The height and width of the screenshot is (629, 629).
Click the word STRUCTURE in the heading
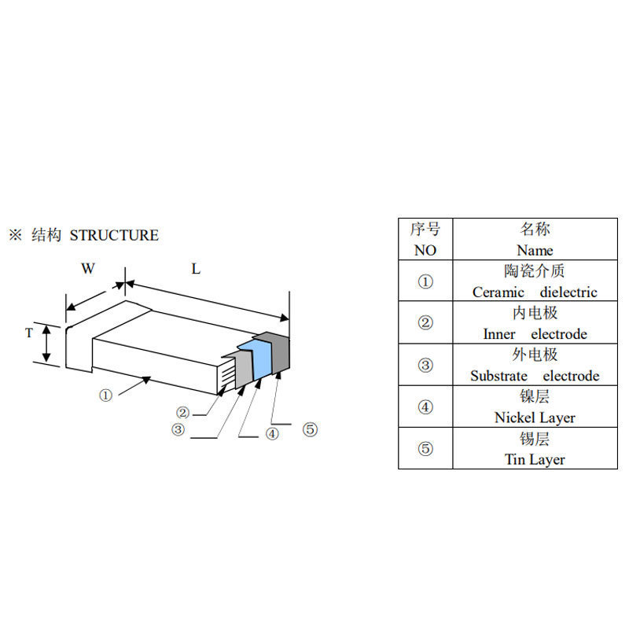click(114, 235)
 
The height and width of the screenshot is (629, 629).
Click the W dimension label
click(88, 268)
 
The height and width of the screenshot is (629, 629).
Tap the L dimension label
click(196, 269)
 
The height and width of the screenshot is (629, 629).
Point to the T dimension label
click(29, 333)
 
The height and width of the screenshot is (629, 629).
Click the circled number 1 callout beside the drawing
click(105, 395)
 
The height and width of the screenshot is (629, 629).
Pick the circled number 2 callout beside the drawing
click(182, 412)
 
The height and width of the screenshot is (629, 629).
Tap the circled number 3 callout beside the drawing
click(178, 429)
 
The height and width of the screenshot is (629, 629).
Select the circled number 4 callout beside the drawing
click(272, 434)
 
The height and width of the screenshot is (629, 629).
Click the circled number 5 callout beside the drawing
click(310, 429)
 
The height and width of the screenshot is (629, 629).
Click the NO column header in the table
click(425, 250)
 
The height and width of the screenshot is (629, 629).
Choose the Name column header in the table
click(535, 250)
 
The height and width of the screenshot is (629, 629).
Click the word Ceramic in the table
click(498, 292)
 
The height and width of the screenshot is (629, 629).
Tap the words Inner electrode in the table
click(535, 333)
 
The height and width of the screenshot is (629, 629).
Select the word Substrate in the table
click(499, 376)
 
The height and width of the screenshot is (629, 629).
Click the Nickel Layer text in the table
click(535, 417)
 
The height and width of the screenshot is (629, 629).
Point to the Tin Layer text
click(535, 459)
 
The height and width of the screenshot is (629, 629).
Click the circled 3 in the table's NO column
click(425, 365)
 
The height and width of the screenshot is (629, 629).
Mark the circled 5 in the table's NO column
click(425, 448)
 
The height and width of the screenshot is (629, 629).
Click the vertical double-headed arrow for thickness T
click(46, 344)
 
